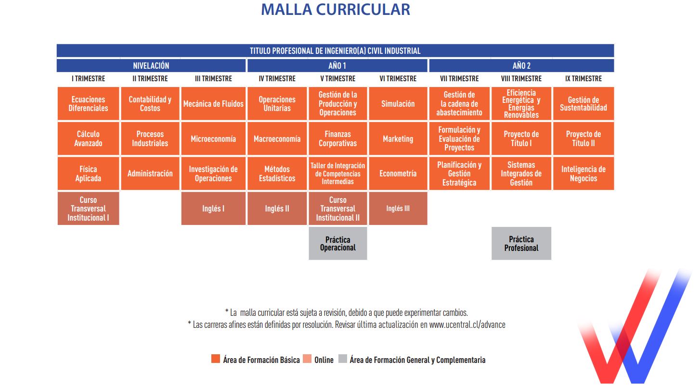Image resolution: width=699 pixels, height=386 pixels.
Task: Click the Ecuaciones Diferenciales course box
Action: (88, 104)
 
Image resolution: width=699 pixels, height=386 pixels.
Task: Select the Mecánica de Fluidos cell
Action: (213, 104)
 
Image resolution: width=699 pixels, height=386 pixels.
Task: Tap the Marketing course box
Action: (398, 138)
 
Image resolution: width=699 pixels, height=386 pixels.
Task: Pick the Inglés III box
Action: (398, 209)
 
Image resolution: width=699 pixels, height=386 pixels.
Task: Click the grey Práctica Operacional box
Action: (337, 243)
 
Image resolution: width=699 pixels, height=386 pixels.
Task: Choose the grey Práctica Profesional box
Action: (521, 243)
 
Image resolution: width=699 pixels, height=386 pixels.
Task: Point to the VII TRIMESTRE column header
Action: (459, 78)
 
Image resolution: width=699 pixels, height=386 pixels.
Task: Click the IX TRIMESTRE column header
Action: (583, 78)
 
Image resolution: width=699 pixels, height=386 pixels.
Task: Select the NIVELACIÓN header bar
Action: (151, 65)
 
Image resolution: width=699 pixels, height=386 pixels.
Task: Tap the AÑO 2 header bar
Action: (521, 65)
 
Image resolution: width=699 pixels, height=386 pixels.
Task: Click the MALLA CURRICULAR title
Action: (336, 9)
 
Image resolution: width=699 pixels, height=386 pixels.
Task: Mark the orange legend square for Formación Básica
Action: (216, 359)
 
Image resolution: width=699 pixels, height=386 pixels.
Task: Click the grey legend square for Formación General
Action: (343, 359)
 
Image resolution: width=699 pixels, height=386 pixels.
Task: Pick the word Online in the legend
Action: (324, 360)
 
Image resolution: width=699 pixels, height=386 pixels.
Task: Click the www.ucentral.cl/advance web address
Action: (467, 324)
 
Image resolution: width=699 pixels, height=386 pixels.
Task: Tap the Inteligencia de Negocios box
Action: (583, 174)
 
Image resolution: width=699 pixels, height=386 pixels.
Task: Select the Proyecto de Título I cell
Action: (521, 138)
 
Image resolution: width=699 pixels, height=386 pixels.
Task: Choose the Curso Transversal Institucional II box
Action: (337, 209)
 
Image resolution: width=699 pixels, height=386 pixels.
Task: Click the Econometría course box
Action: (398, 174)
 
